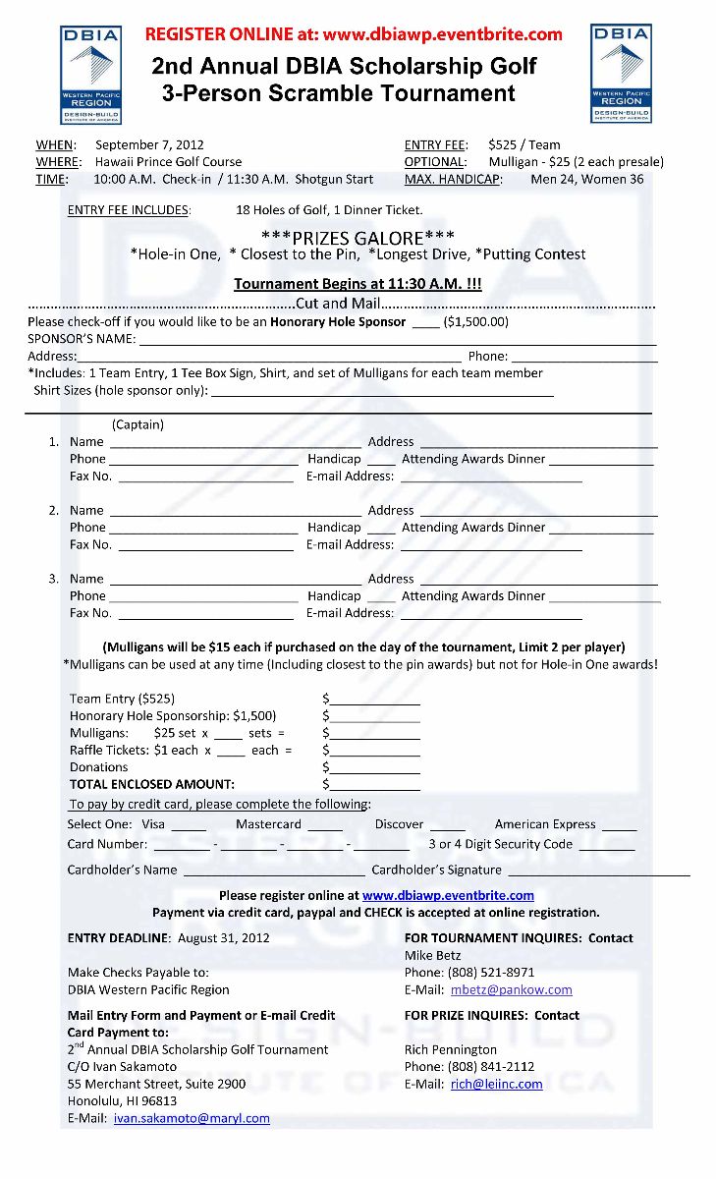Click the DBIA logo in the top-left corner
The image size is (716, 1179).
tap(90, 74)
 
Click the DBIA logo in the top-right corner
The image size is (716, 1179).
tap(621, 74)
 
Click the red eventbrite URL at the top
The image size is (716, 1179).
tap(354, 34)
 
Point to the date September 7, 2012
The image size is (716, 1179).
tap(149, 144)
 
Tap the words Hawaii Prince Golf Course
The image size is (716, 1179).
tap(168, 161)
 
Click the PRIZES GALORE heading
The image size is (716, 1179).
tap(358, 236)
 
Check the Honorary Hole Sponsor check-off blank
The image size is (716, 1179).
tap(425, 322)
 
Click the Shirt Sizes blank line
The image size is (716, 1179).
tap(382, 391)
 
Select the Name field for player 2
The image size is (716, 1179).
tap(235, 511)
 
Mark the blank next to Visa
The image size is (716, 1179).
tap(189, 826)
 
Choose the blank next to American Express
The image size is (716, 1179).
tap(619, 826)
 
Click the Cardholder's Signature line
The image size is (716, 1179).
tap(598, 871)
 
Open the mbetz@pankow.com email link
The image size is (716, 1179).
tap(511, 989)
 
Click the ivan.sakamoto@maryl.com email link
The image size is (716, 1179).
tap(192, 1118)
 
